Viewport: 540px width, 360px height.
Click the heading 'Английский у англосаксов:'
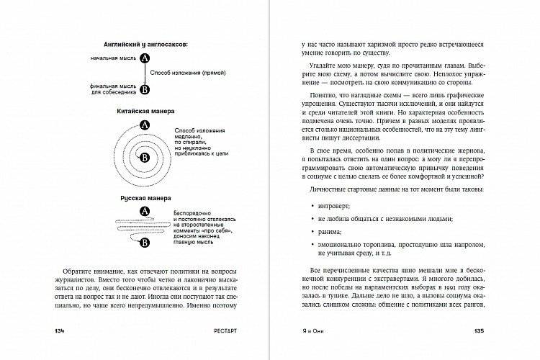140,44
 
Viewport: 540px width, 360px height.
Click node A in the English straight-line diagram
145,58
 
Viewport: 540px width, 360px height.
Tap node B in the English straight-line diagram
145,89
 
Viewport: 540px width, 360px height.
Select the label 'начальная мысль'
113,58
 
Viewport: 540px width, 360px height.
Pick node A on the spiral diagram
145,126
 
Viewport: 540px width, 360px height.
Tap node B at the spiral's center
144,165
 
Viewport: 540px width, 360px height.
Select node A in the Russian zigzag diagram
144,211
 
